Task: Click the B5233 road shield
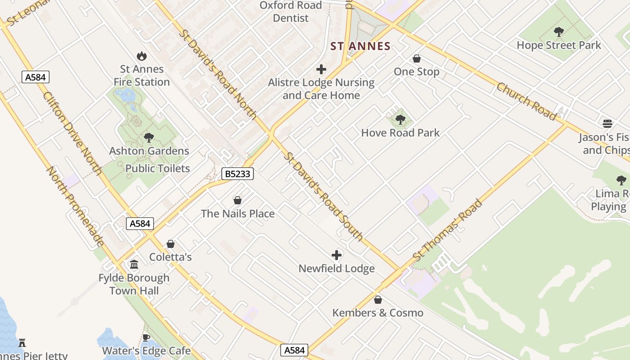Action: coord(237,174)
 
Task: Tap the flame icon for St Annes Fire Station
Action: coord(142,56)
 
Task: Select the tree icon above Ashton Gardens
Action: coord(148,138)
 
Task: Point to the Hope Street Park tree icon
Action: coord(559,32)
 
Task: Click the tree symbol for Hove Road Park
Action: coord(400,120)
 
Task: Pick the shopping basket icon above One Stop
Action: coord(417,58)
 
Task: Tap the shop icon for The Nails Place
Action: coord(238,200)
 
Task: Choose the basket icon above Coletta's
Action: coord(171,244)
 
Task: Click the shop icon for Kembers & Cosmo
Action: coord(378,300)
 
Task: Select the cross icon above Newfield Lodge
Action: coord(337,256)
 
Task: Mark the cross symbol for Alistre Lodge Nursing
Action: coord(321,69)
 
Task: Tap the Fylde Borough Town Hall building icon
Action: coord(134,265)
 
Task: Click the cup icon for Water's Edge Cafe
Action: coord(146,337)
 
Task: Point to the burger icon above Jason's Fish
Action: coord(607,124)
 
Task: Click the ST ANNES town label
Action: coord(360,46)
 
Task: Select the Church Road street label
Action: coord(526,101)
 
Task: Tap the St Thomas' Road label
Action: coord(448,230)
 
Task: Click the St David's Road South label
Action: coord(324,196)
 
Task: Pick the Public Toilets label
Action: coord(157,168)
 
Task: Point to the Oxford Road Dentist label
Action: coord(291,12)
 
